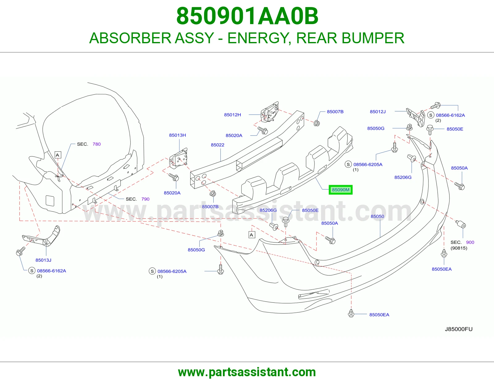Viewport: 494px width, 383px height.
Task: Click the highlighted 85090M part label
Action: pos(341,190)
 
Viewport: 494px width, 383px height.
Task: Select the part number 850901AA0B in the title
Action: pos(247,16)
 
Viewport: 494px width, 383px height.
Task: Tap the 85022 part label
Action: pos(218,145)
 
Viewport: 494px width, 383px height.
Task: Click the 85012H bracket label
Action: pos(232,115)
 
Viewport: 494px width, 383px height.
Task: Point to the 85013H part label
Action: pos(177,135)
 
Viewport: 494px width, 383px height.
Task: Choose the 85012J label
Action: pos(378,112)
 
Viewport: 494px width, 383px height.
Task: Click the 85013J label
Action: pos(43,260)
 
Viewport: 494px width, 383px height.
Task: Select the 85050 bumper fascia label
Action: pos(377,216)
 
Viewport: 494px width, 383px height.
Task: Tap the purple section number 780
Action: pos(97,144)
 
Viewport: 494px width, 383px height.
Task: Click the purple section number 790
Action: pos(145,199)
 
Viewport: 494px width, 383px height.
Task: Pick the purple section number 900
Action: pos(470,242)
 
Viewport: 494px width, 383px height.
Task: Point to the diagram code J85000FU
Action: pos(458,329)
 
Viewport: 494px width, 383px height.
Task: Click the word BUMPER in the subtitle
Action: pos(373,38)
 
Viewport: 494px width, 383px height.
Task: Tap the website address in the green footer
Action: pos(247,372)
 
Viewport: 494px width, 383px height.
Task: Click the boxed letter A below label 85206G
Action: pos(251,235)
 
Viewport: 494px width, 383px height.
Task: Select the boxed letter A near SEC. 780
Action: pos(58,155)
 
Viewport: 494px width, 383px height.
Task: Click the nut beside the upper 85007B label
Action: pos(316,123)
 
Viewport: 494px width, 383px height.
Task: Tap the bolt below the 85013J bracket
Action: pos(20,251)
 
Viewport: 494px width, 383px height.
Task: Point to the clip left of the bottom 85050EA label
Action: pos(351,313)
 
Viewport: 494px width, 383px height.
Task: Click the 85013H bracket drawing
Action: pos(178,158)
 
